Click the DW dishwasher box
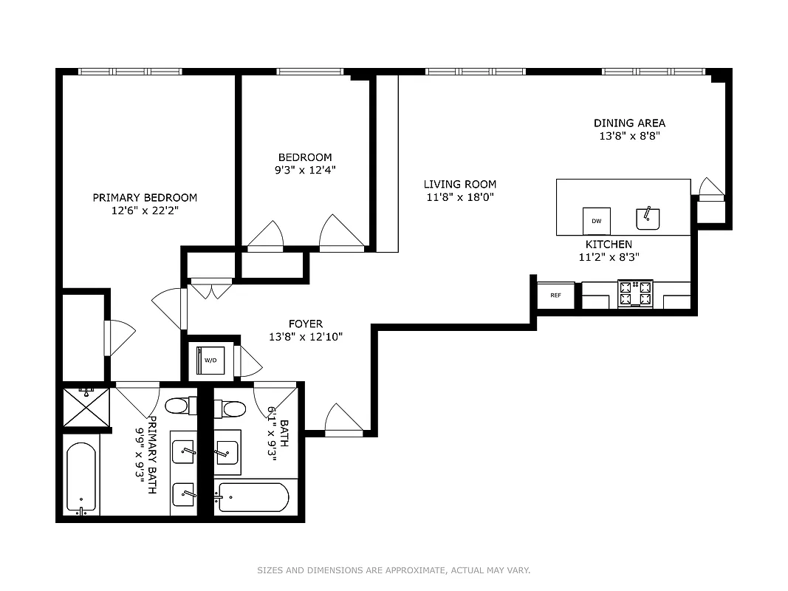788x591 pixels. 597,221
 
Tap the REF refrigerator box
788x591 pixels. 555,295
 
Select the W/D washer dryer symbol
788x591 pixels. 210,360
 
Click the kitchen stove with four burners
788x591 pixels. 635,293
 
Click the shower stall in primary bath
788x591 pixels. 86,407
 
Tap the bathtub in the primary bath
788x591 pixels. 81,478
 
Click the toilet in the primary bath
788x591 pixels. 179,406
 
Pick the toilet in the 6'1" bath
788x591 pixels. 230,409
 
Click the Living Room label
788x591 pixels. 459,184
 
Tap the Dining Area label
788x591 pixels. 629,123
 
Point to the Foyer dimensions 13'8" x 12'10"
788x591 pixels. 306,337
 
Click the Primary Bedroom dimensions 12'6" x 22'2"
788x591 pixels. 145,211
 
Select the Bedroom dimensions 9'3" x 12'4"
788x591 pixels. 305,170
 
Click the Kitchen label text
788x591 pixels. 609,245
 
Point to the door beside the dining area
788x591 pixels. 710,190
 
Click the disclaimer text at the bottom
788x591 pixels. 394,570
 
